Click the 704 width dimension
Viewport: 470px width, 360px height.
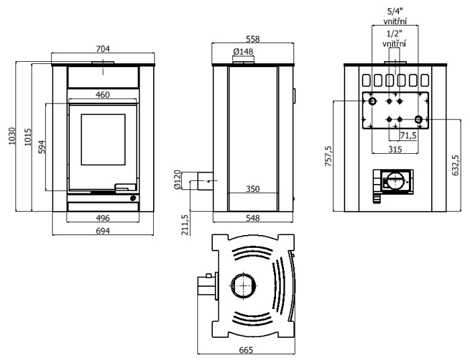coord(103,48)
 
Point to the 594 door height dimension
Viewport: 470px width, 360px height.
coord(41,146)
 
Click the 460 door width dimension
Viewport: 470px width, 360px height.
coord(102,95)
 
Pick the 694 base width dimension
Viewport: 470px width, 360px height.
coord(103,231)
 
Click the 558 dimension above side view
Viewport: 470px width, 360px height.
coord(252,39)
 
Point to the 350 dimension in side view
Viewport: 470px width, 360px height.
coord(252,190)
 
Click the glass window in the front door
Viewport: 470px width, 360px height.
coord(103,139)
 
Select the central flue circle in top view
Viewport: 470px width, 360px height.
coord(241,287)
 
